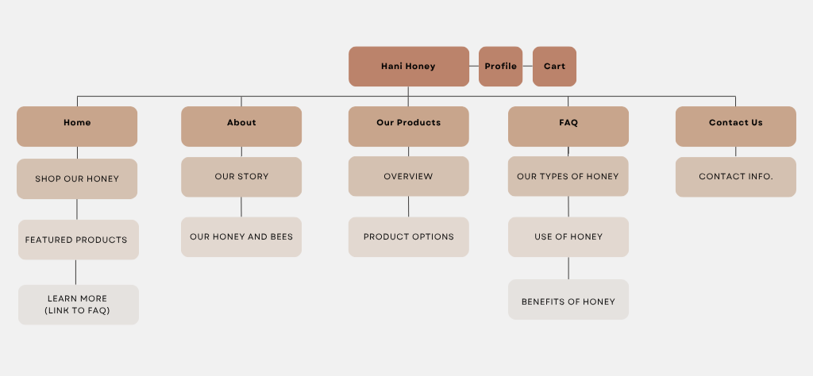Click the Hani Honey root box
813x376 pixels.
(x=408, y=67)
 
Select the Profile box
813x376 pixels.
(x=500, y=67)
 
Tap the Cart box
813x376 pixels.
(x=554, y=67)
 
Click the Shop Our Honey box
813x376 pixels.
(x=77, y=178)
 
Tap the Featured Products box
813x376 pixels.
(x=78, y=240)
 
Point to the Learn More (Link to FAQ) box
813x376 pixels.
(x=78, y=305)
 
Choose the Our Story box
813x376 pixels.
(x=241, y=177)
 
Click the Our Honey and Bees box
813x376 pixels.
(x=241, y=236)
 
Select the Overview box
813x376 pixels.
(x=408, y=176)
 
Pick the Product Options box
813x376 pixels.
(x=408, y=236)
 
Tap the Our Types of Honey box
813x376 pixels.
(x=568, y=176)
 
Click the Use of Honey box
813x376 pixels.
(x=568, y=236)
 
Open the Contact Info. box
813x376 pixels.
(x=735, y=177)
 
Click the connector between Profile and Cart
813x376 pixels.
(x=528, y=67)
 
